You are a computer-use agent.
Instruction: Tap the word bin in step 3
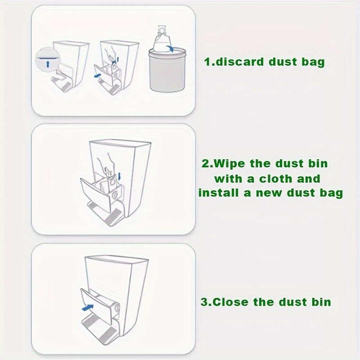pyautogui.click(x=321, y=301)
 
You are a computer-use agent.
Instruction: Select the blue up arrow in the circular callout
pyautogui.click(x=48, y=64)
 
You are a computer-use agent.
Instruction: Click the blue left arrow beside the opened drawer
pyautogui.click(x=98, y=75)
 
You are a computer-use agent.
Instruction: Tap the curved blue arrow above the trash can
pyautogui.click(x=170, y=49)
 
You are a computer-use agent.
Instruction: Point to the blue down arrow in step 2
pyautogui.click(x=119, y=176)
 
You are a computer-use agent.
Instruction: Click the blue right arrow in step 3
pyautogui.click(x=88, y=307)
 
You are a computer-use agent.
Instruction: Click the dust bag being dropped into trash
pyautogui.click(x=163, y=40)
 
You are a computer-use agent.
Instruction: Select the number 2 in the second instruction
pyautogui.click(x=205, y=164)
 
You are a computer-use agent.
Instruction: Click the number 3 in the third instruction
pyautogui.click(x=204, y=302)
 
